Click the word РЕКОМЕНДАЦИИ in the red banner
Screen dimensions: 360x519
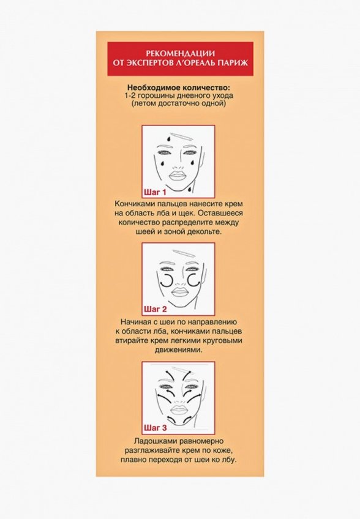point(180,54)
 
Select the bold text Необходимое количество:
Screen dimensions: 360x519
point(179,88)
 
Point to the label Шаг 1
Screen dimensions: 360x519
point(155,192)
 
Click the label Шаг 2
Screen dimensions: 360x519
point(156,310)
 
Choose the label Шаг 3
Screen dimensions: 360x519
point(156,428)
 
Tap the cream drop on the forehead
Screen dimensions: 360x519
point(169,138)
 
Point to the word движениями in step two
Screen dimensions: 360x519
point(179,350)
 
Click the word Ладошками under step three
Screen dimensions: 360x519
point(151,441)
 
